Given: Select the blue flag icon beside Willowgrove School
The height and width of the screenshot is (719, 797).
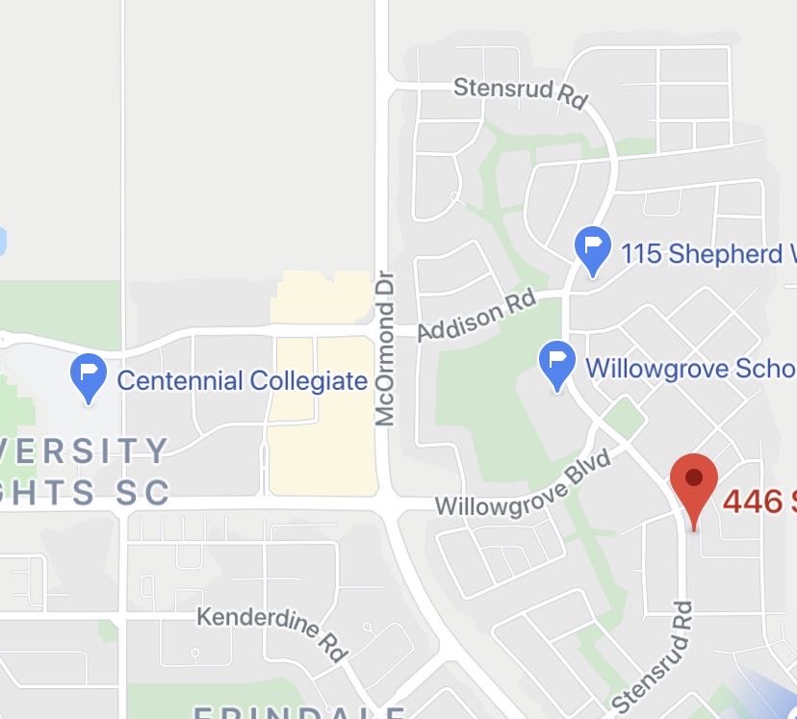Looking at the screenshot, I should click(556, 363).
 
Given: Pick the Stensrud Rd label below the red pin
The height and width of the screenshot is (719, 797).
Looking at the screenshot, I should click(653, 656).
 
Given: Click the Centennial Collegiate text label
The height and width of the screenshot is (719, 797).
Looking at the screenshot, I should click(242, 380).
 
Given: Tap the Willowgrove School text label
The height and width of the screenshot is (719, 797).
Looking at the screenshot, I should click(689, 368).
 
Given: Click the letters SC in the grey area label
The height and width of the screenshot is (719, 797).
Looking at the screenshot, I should click(145, 493).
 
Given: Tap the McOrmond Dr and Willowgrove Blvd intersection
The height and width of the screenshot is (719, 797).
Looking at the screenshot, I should click(390, 504).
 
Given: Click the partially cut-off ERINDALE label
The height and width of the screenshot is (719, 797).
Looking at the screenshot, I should click(298, 712).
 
